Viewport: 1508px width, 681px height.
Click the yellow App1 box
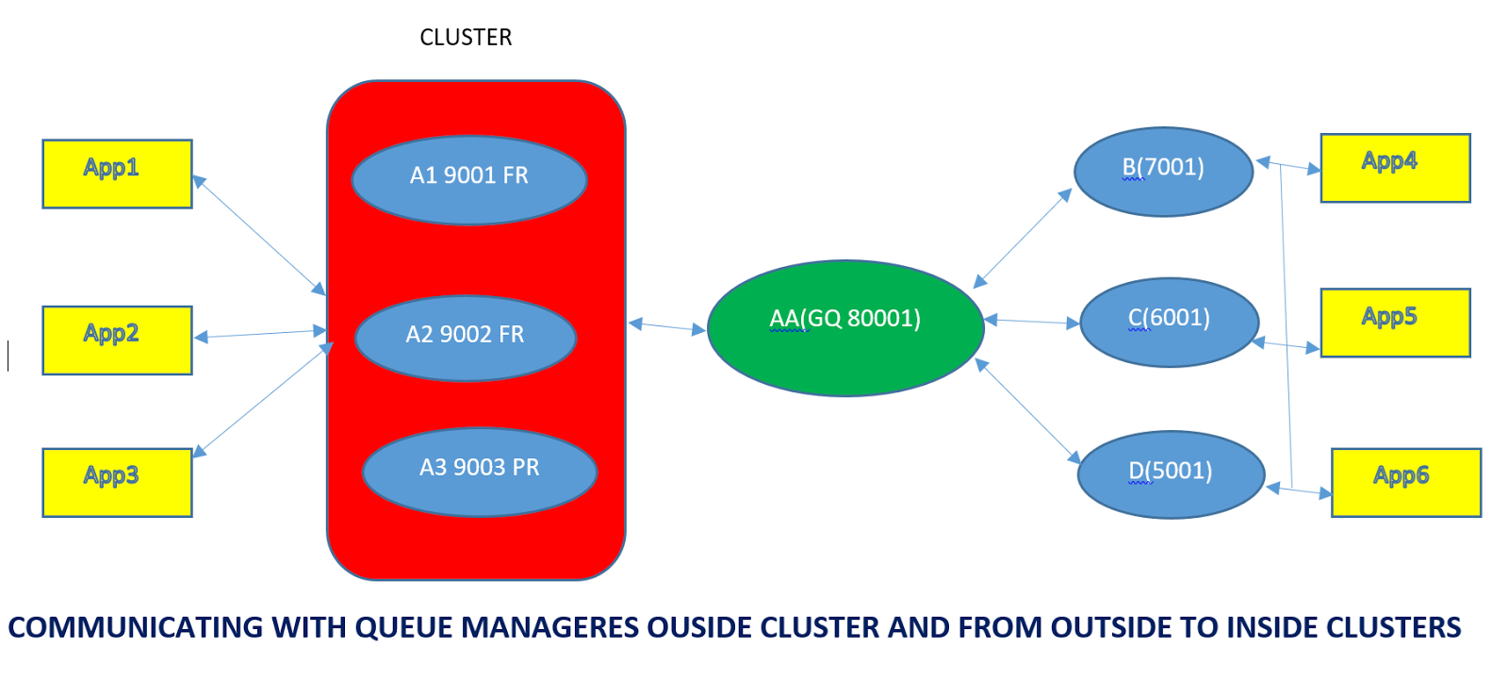tap(117, 174)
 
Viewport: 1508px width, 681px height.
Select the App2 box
tap(117, 340)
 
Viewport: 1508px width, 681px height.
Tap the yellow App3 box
tap(117, 482)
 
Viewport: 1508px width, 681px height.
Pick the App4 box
tap(1395, 168)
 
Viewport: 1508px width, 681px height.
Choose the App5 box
tap(1395, 323)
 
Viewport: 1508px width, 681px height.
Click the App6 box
tap(1405, 482)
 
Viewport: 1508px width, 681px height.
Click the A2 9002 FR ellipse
tap(466, 338)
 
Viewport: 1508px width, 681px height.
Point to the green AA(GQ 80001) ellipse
tap(845, 328)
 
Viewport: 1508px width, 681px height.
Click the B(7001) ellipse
tap(1163, 172)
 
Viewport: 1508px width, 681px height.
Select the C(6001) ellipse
tap(1169, 322)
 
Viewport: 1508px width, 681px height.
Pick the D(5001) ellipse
tap(1171, 474)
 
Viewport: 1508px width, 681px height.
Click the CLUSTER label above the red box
tap(466, 38)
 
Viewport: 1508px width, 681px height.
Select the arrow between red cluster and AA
tap(666, 326)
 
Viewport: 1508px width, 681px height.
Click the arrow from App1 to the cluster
tap(259, 236)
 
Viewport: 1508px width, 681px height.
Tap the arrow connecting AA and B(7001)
tap(1023, 238)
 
